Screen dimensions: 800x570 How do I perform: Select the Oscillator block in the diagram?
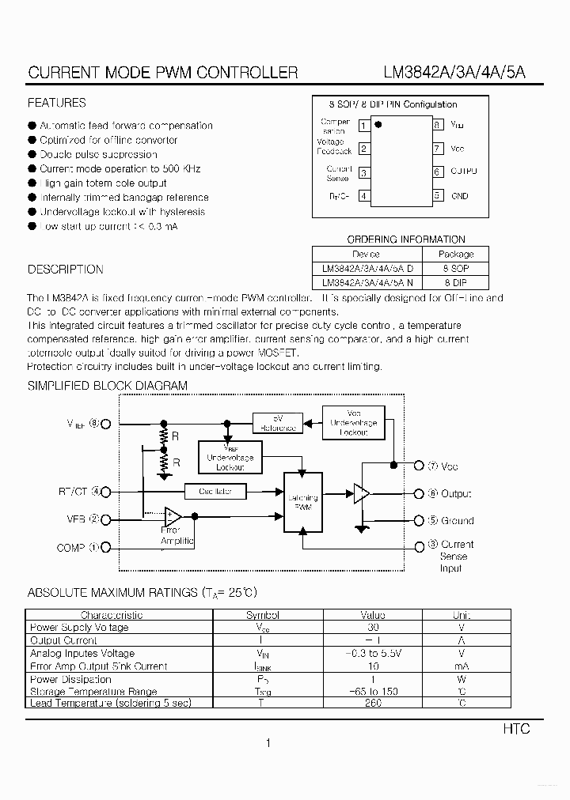pos(215,491)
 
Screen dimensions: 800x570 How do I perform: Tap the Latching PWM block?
pos(301,502)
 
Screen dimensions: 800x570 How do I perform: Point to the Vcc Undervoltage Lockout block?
pos(354,423)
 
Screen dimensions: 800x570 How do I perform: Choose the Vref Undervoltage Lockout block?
pos(230,458)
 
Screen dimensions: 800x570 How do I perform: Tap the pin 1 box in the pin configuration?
pos(363,125)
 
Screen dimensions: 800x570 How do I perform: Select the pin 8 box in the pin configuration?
pos(437,125)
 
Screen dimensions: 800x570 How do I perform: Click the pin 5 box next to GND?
pos(437,195)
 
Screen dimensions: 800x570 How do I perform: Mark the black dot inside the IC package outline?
pos(378,124)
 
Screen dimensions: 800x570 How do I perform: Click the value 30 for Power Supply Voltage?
pos(373,627)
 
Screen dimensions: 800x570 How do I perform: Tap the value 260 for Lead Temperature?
pos(373,703)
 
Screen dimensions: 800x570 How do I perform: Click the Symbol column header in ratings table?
pos(262,614)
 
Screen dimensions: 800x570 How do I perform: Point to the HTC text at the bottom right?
pos(516,729)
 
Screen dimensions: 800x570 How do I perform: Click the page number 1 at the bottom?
pos(268,743)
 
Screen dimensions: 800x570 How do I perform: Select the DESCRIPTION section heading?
pos(65,270)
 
